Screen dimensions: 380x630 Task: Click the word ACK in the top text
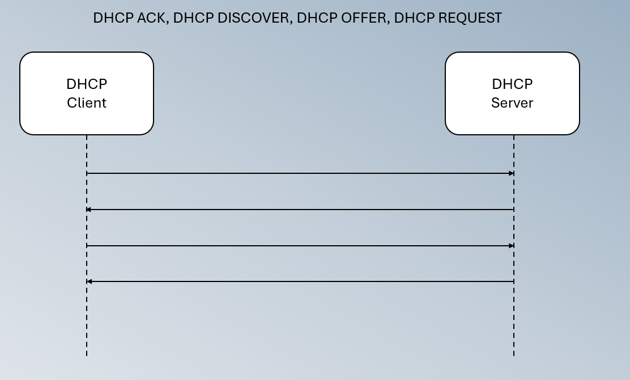151,18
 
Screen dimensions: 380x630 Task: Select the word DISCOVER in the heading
253,18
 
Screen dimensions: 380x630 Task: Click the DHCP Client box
87,93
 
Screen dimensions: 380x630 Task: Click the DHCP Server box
512,93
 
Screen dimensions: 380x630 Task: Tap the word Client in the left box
87,103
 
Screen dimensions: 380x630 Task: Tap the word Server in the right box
512,103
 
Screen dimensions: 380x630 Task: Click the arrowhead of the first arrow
512,173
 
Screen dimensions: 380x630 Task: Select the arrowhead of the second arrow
89,210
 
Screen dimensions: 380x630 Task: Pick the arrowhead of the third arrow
512,246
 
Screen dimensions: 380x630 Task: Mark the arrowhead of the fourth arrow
89,281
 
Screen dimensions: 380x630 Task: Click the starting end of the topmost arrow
87,173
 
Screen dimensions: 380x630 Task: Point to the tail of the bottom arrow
513,281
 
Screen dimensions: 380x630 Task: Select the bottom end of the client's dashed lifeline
87,355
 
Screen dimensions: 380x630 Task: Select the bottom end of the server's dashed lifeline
514,355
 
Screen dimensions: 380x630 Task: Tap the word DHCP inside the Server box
512,84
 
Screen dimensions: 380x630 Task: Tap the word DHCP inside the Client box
87,84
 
